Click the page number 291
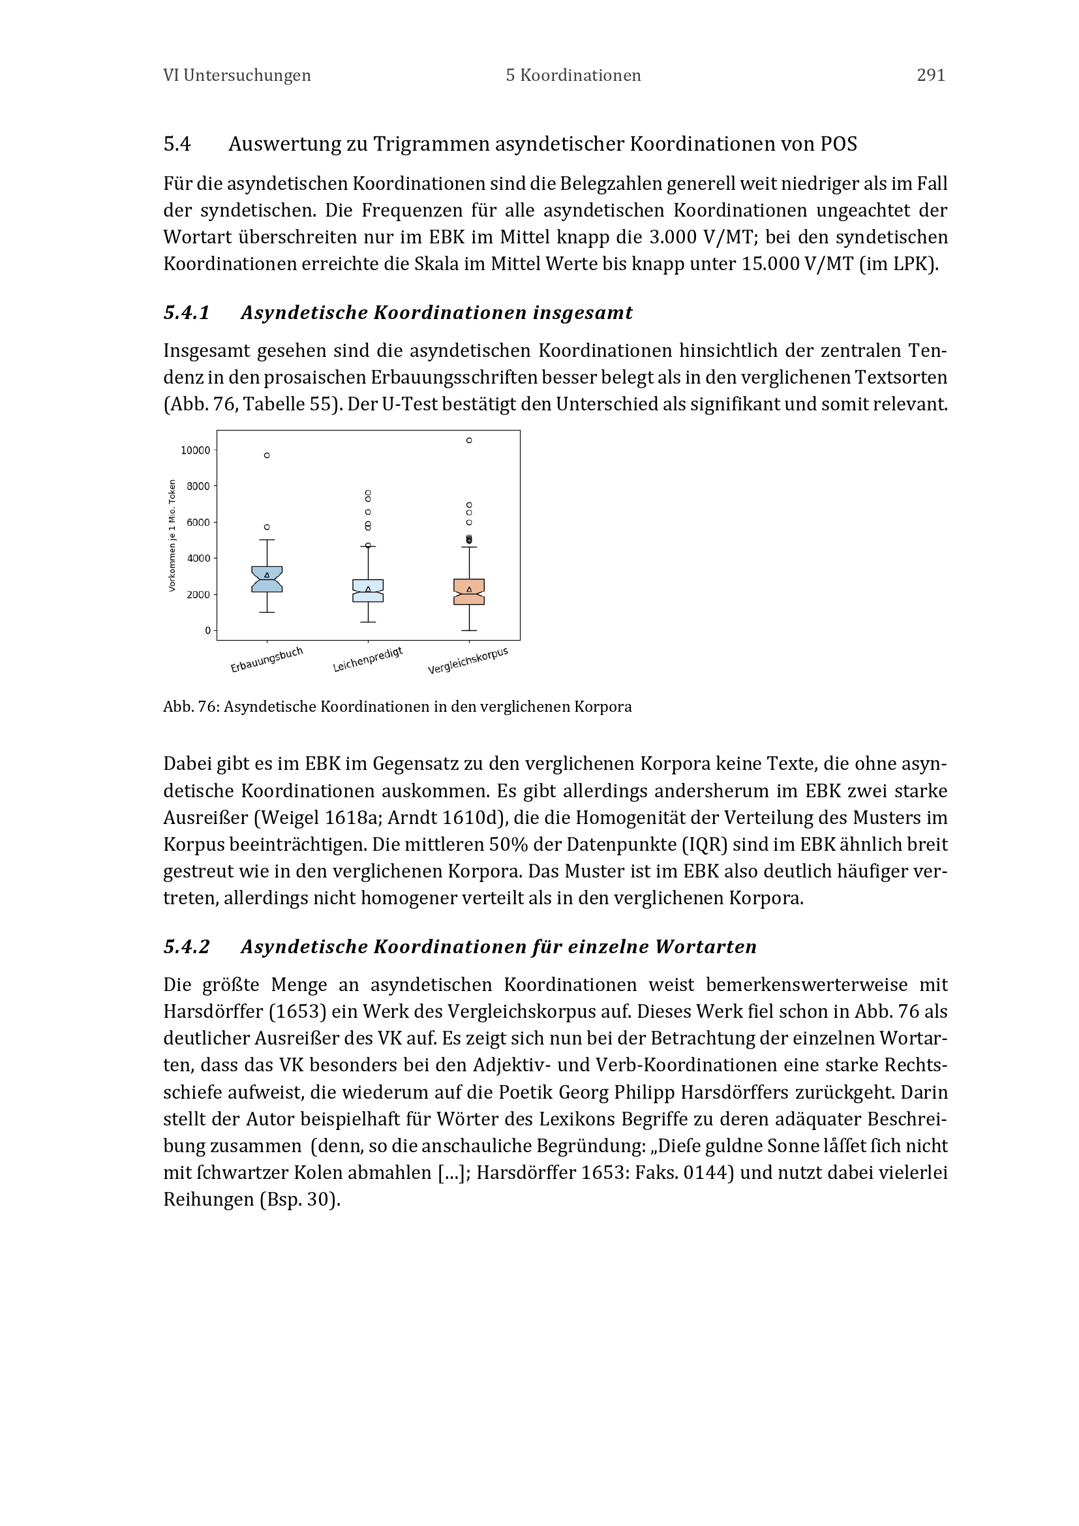[930, 76]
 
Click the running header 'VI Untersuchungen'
[237, 76]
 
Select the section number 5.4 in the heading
[177, 144]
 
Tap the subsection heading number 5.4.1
[187, 313]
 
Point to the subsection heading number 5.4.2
[187, 947]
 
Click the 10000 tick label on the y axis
[195, 451]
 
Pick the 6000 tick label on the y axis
[198, 523]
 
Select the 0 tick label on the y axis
[207, 630]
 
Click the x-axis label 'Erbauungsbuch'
[266, 660]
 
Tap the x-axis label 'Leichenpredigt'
[367, 660]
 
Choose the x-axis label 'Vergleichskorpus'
[468, 661]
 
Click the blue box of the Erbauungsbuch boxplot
[267, 579]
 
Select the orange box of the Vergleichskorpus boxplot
[469, 592]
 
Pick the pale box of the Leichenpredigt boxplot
[368, 590]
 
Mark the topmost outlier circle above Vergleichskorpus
[469, 440]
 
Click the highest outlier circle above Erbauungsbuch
[267, 455]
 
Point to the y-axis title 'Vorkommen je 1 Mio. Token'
[172, 535]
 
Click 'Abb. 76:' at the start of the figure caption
[191, 707]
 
